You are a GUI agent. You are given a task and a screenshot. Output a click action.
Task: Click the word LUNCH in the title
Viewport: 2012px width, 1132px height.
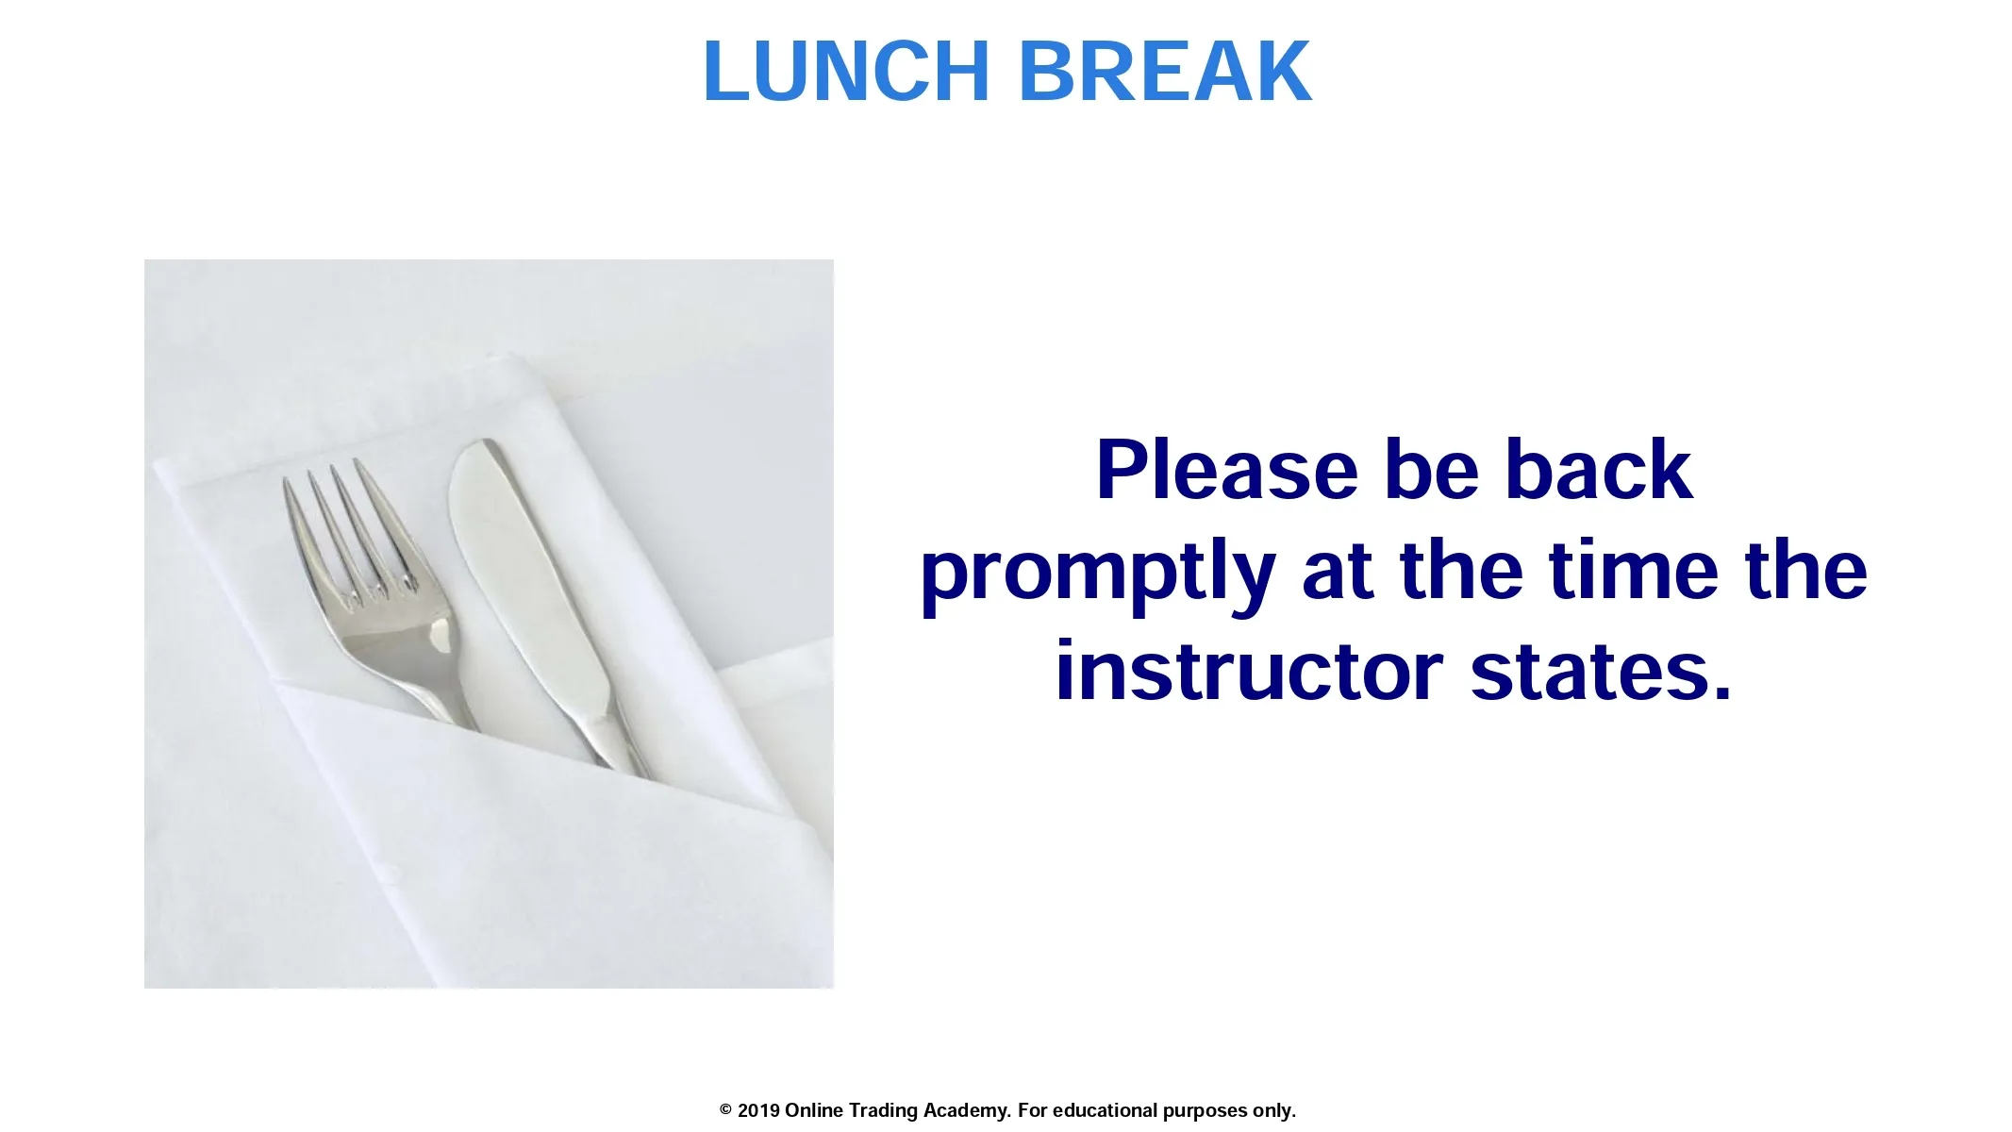pyautogui.click(x=846, y=71)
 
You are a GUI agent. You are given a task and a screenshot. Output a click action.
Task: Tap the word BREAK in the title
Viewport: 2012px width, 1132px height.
pyautogui.click(x=1166, y=71)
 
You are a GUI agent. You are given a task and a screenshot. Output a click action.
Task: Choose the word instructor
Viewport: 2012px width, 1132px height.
pyautogui.click(x=1249, y=672)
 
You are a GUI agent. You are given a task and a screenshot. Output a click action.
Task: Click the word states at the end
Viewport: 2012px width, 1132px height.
pyautogui.click(x=1602, y=672)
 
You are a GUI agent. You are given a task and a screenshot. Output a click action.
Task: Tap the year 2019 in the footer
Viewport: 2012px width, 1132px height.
pyautogui.click(x=758, y=1110)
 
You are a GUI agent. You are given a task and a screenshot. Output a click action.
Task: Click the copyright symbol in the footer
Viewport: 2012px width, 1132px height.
pyautogui.click(x=725, y=1110)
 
